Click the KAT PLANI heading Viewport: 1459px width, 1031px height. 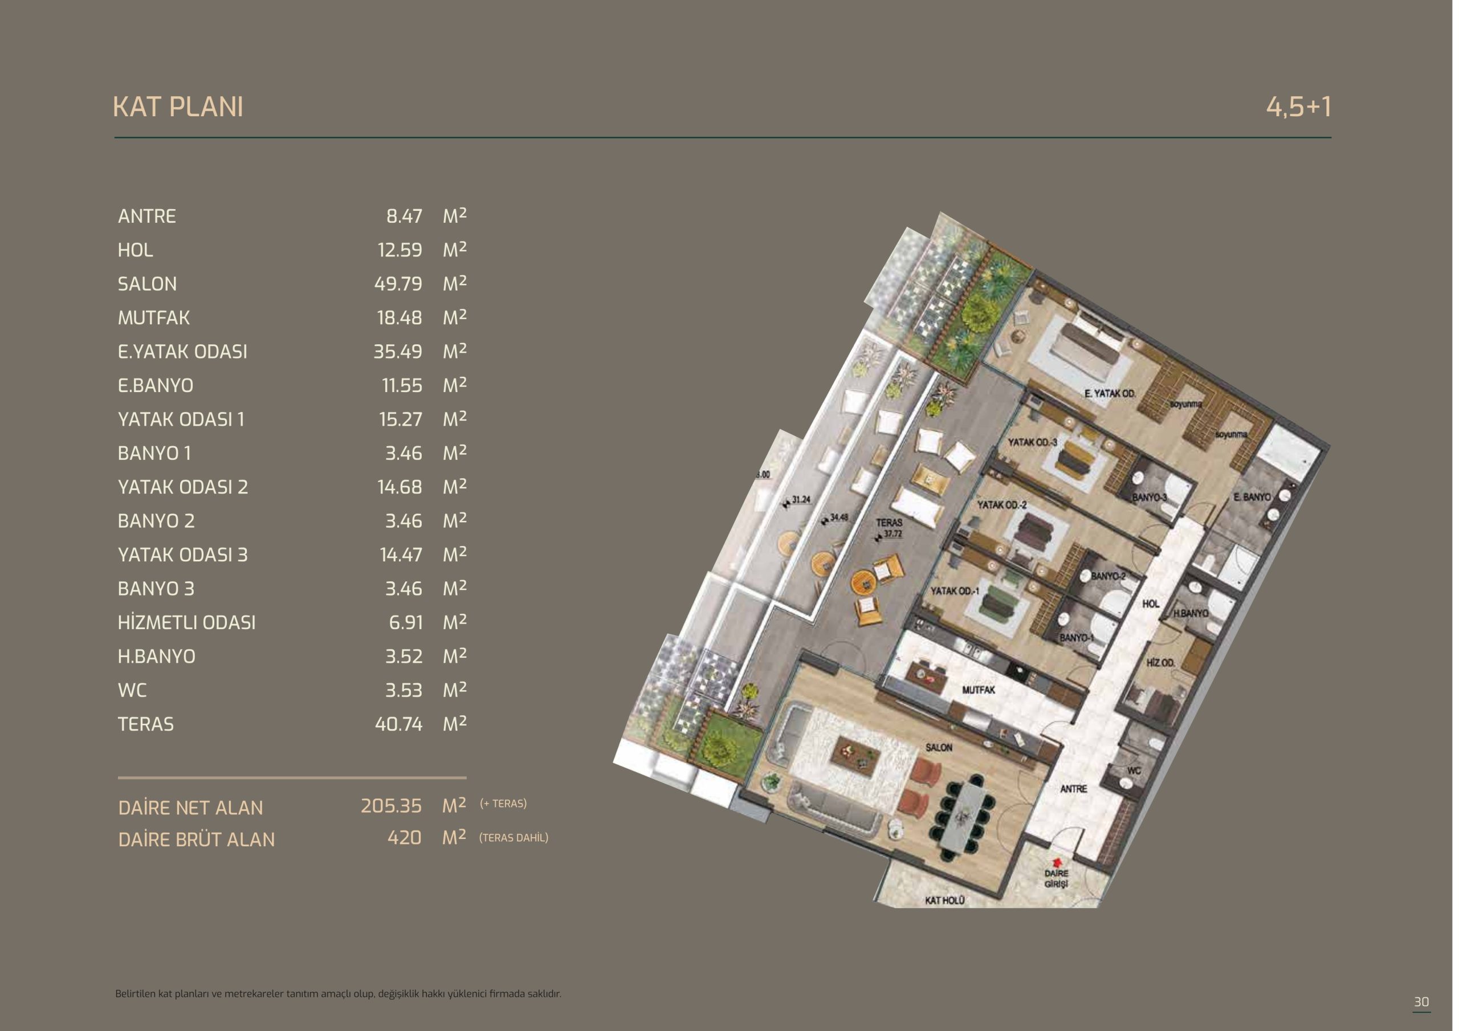[178, 107]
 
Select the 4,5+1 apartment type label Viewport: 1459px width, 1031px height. [1298, 107]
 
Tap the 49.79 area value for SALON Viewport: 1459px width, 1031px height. [398, 283]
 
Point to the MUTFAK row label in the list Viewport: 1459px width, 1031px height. [154, 317]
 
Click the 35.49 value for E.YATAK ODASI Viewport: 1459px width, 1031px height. [398, 352]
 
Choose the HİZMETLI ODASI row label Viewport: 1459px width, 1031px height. [187, 622]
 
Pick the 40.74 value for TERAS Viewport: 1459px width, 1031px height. [398, 724]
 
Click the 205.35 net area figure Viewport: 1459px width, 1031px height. [392, 806]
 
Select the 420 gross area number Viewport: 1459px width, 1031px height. [405, 838]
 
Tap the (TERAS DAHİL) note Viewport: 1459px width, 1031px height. [513, 838]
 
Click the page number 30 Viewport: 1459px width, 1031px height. [1421, 1002]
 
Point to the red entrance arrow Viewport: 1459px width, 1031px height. [1057, 862]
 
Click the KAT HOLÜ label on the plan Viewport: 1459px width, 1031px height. [944, 900]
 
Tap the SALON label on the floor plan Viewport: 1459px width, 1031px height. [939, 748]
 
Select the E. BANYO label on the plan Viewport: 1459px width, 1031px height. [1252, 497]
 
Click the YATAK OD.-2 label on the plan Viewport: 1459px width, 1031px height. [1002, 505]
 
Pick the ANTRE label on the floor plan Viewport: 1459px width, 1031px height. [1073, 789]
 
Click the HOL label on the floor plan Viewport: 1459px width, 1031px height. [1151, 604]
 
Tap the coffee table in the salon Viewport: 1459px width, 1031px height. [855, 755]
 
